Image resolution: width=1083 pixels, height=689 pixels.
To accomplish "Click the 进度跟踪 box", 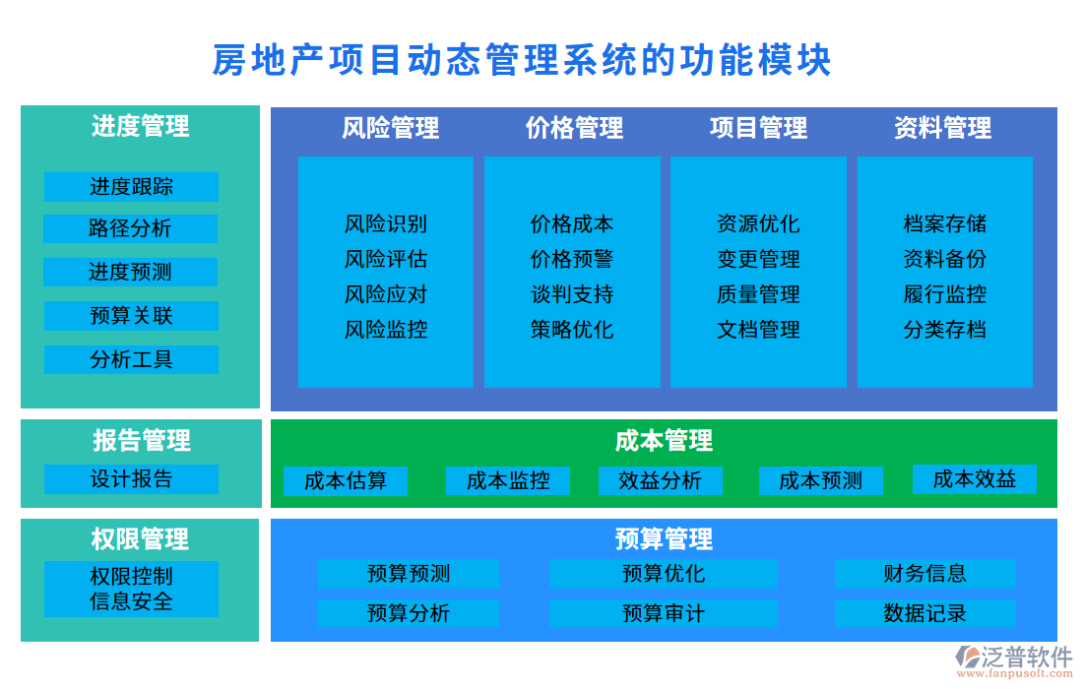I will click(x=131, y=186).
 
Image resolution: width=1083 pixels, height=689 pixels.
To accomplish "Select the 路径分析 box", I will click(x=130, y=228).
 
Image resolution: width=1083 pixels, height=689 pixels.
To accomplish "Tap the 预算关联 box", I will click(x=131, y=316).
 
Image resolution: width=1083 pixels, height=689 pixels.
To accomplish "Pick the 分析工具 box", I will click(x=131, y=359).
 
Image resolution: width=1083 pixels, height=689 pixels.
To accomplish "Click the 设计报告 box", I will click(x=131, y=479).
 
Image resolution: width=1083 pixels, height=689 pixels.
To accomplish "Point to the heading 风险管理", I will click(x=391, y=128).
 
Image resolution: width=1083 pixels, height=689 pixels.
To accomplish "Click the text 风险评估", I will click(x=386, y=259).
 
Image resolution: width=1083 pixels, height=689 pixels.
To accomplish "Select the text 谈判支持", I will click(x=572, y=294).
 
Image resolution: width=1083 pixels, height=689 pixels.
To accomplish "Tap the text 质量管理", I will click(x=758, y=294).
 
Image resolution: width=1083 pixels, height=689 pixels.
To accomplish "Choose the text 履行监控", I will click(x=945, y=294).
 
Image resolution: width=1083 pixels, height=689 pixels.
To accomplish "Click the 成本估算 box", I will click(x=346, y=480).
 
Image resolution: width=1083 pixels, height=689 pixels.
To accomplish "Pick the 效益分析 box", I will click(x=661, y=480).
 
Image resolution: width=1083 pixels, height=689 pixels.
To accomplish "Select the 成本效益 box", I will click(x=975, y=479).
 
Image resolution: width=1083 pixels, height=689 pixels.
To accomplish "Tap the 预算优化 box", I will click(x=663, y=573).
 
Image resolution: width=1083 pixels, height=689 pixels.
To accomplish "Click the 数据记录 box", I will click(x=924, y=613).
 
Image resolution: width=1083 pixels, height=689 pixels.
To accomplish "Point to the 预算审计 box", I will click(x=663, y=613).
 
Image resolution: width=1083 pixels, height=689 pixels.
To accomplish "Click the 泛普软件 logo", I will click(x=1014, y=660).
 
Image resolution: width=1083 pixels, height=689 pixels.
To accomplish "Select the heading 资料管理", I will click(x=943, y=128).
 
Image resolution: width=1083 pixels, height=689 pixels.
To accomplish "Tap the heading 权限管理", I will click(x=140, y=538).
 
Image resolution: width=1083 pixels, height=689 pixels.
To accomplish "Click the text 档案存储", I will click(x=945, y=223).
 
